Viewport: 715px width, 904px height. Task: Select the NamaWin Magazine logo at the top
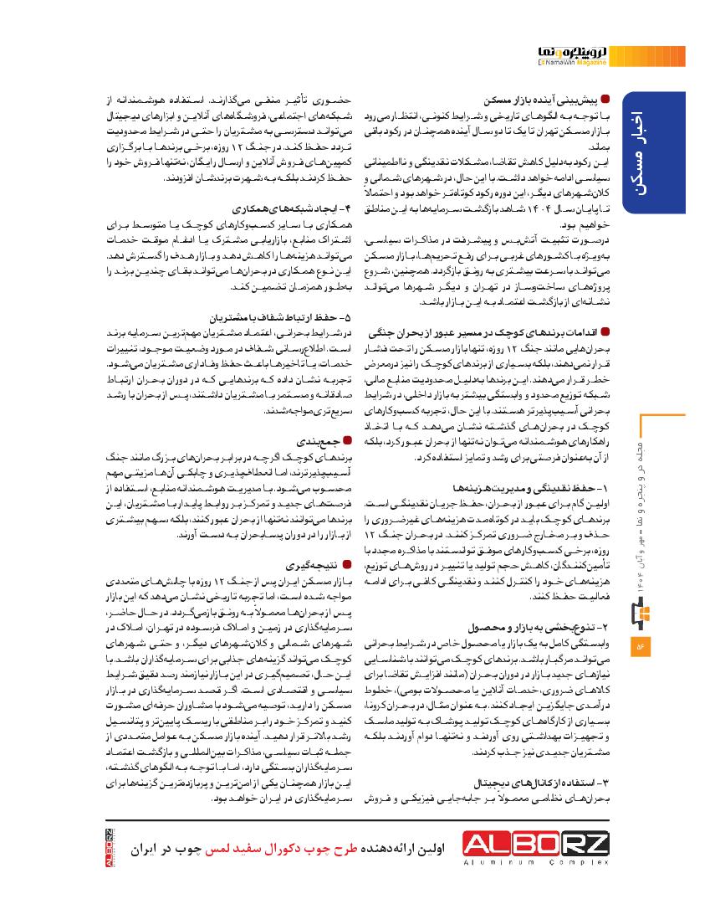pyautogui.click(x=573, y=55)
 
